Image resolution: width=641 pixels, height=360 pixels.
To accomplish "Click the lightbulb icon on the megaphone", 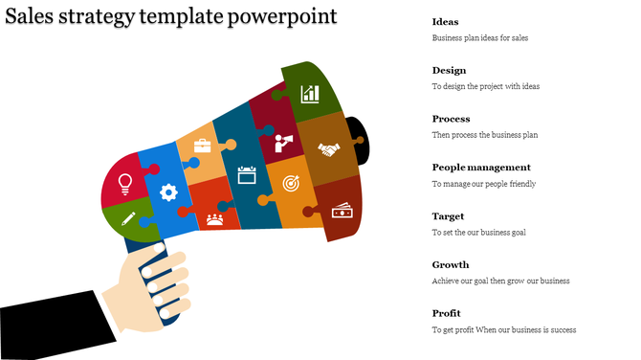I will [x=124, y=182].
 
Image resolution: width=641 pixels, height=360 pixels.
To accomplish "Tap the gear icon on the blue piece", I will [x=169, y=191].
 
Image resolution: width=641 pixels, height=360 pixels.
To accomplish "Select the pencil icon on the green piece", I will [x=128, y=219].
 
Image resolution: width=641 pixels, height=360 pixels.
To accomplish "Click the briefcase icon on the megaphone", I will [x=203, y=146].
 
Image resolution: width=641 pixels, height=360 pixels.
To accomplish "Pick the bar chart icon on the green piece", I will [x=310, y=93].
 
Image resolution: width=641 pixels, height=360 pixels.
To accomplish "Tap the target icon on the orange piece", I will [x=289, y=180].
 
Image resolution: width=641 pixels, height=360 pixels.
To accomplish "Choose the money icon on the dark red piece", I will [x=342, y=210].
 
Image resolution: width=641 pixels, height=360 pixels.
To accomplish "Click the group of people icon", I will [x=214, y=219].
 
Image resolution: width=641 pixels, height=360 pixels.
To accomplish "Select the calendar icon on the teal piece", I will [x=247, y=174].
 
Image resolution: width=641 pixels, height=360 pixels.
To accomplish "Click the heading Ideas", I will [x=445, y=21].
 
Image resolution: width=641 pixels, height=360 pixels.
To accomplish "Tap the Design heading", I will [x=449, y=70].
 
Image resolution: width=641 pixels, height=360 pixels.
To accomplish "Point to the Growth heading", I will [x=450, y=264].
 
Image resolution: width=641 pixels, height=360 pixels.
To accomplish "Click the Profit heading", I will [x=446, y=313].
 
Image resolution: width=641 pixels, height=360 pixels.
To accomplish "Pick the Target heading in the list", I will [x=448, y=215].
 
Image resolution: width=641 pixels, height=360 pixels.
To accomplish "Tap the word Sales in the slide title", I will [x=31, y=17].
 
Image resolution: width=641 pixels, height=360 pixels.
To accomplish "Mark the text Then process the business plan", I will [x=484, y=135].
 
